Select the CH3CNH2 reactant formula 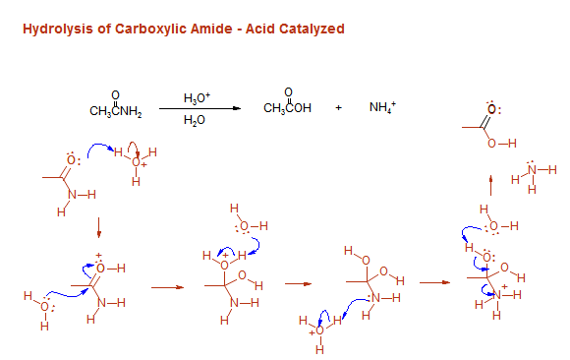pyautogui.click(x=116, y=109)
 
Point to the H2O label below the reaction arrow pyautogui.click(x=197, y=120)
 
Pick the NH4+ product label pyautogui.click(x=381, y=107)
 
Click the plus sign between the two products pyautogui.click(x=338, y=108)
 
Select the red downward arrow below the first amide pyautogui.click(x=99, y=231)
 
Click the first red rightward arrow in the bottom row pyautogui.click(x=167, y=287)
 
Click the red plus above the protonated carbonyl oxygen pyautogui.click(x=99, y=257)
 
